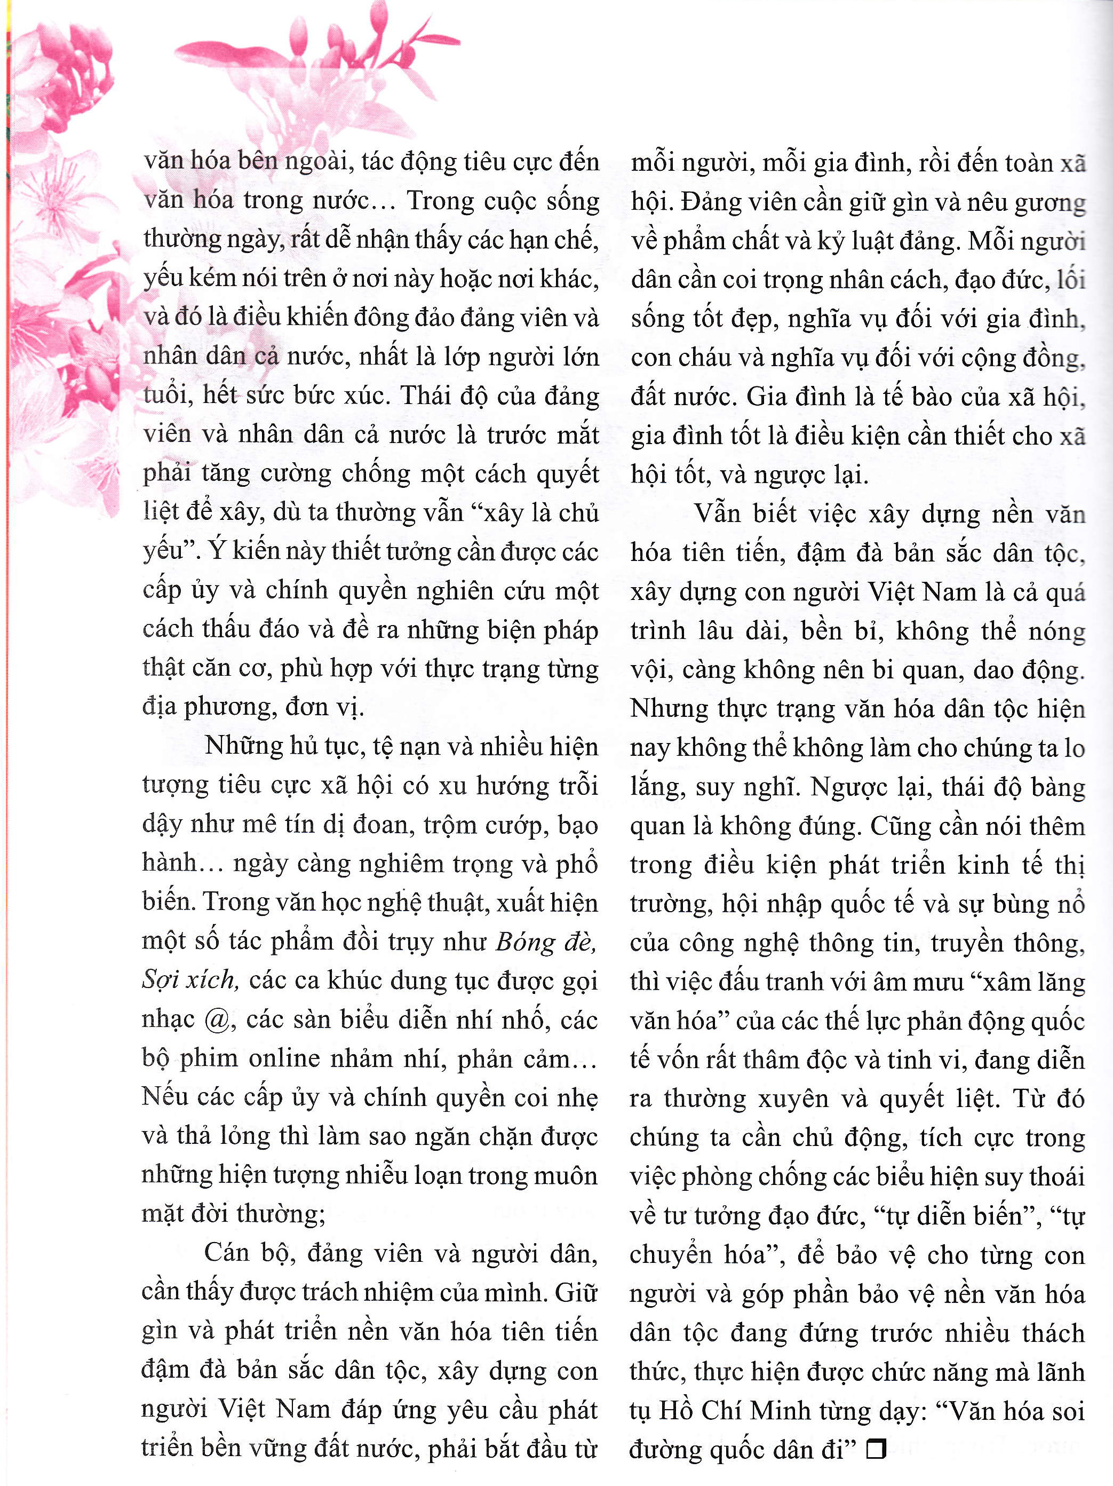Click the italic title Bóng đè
point(545,943)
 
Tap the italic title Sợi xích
point(189,982)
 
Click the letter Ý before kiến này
point(214,551)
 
